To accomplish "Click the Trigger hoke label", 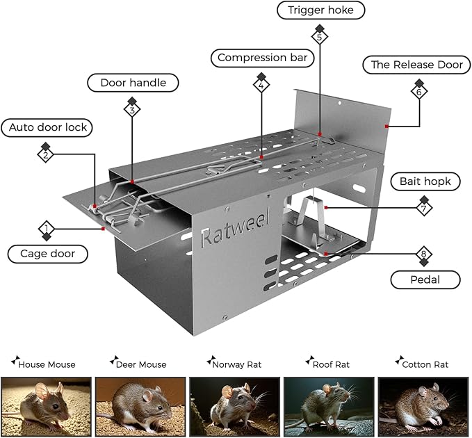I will (x=320, y=10).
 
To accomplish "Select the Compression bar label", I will (x=261, y=58).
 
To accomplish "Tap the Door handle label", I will (x=133, y=83).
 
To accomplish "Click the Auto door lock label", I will (x=48, y=128).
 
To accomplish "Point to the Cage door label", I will (x=48, y=254).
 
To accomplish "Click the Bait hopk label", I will (x=425, y=181).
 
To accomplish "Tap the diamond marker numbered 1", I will (x=46, y=228).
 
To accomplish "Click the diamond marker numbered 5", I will (x=320, y=36).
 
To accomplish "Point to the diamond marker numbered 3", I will (x=132, y=109).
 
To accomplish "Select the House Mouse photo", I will (x=46, y=407).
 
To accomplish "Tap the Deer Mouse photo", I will (x=140, y=407).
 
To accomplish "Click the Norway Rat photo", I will (x=235, y=407).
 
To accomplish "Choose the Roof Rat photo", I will (x=329, y=407).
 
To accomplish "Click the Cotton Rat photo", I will (x=424, y=407).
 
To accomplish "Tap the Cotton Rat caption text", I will (x=429, y=364).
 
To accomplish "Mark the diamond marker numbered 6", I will (x=419, y=91).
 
